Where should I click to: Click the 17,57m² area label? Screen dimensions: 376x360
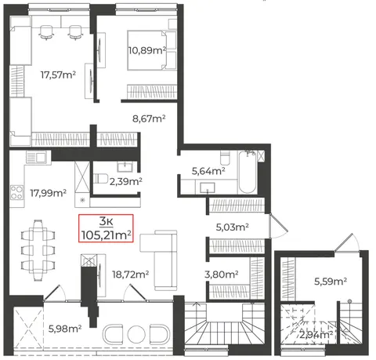(x=58, y=75)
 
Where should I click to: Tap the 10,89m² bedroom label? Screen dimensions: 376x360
(x=147, y=50)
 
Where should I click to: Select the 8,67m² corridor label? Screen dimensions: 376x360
(x=149, y=118)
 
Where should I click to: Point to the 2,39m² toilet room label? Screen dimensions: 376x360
(x=126, y=181)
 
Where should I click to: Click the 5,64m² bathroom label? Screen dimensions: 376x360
(x=208, y=171)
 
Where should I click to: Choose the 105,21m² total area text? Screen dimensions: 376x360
(x=106, y=235)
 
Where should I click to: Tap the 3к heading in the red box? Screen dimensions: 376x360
(x=106, y=221)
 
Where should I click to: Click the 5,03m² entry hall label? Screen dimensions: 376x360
(x=232, y=227)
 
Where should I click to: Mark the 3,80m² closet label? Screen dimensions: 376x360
(x=222, y=275)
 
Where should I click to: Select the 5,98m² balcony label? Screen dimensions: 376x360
(x=65, y=329)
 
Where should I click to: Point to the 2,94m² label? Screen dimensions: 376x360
(x=316, y=335)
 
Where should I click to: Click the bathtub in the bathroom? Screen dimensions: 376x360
(x=247, y=172)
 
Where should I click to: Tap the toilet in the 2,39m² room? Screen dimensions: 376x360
(x=101, y=178)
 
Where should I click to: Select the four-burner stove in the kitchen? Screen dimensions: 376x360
(x=16, y=192)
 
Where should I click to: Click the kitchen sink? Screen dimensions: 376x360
(x=36, y=158)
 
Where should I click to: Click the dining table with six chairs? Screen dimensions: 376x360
(x=38, y=250)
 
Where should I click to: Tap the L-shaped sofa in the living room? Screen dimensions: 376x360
(x=159, y=260)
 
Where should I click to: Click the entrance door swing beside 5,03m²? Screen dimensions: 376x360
(x=278, y=227)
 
